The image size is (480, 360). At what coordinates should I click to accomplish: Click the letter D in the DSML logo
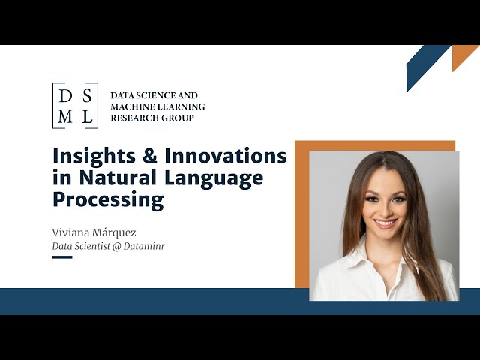65,95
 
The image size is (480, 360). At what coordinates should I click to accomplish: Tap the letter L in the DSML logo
86,115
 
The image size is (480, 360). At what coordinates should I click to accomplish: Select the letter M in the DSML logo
65,115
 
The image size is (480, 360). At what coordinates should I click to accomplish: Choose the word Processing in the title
108,200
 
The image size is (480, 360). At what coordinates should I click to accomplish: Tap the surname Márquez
116,232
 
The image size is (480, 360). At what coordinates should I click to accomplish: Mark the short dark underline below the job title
62,257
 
